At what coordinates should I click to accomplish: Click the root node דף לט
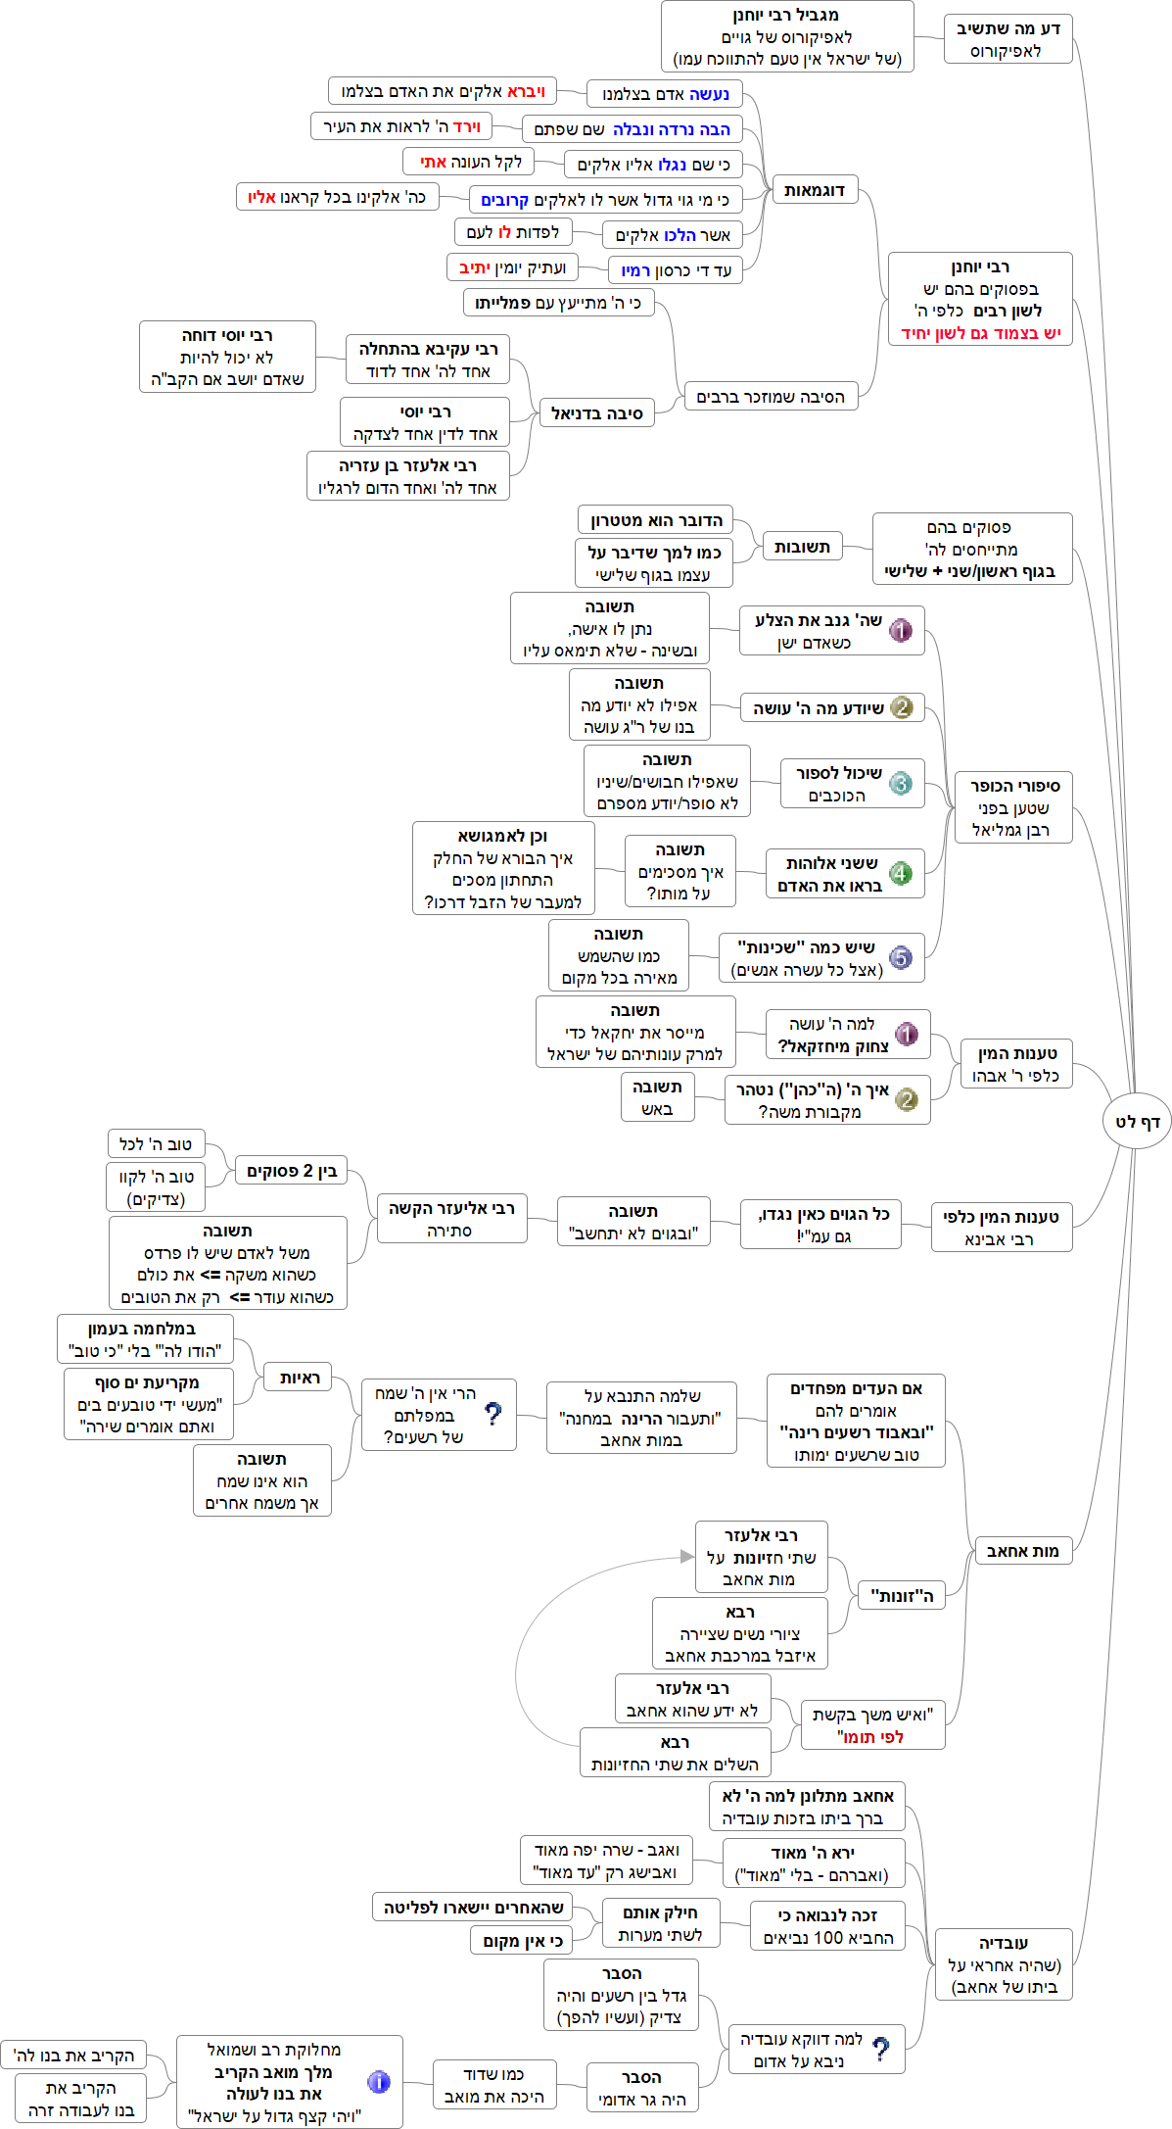pyautogui.click(x=1137, y=1121)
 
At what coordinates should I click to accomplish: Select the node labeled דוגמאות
pyautogui.click(x=814, y=190)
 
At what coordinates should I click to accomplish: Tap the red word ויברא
pyautogui.click(x=526, y=91)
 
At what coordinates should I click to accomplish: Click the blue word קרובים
pyautogui.click(x=504, y=200)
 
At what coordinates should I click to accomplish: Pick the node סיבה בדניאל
pyautogui.click(x=596, y=413)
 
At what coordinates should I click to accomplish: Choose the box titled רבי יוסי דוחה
pyautogui.click(x=227, y=357)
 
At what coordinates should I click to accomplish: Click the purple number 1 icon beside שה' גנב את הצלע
pyautogui.click(x=901, y=630)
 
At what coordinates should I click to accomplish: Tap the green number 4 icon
pyautogui.click(x=901, y=873)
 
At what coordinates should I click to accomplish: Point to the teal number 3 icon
pyautogui.click(x=901, y=783)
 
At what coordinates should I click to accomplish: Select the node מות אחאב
pyautogui.click(x=1022, y=1550)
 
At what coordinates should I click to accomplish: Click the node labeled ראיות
pyautogui.click(x=299, y=1378)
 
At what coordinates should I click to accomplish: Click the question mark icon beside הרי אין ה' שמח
pyautogui.click(x=493, y=1413)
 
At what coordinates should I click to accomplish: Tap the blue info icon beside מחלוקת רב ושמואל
pyautogui.click(x=379, y=2081)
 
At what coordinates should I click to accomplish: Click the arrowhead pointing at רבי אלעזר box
pyautogui.click(x=687, y=1556)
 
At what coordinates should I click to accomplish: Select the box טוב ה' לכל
pyautogui.click(x=155, y=1143)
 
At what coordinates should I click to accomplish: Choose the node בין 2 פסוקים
pyautogui.click(x=291, y=1170)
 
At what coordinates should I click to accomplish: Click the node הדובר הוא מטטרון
pyautogui.click(x=655, y=519)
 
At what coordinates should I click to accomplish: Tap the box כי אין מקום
pyautogui.click(x=522, y=1940)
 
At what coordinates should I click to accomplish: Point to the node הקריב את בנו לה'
pyautogui.click(x=73, y=2055)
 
